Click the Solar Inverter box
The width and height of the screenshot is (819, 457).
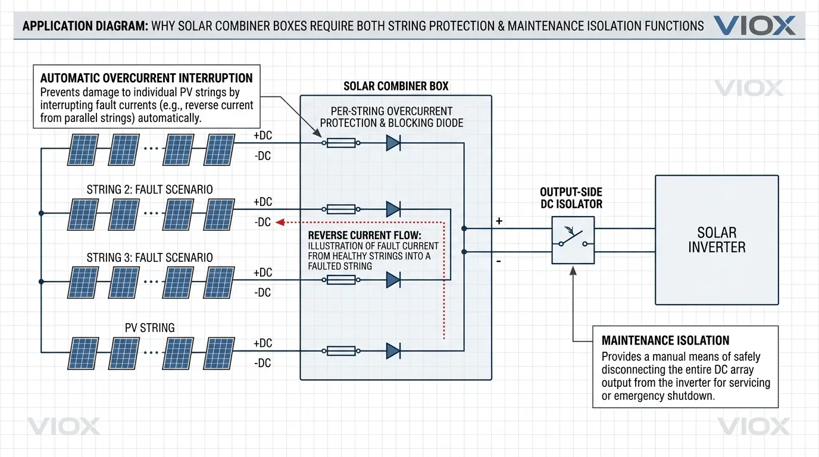pyautogui.click(x=717, y=240)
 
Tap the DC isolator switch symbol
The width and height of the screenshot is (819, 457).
pyautogui.click(x=572, y=239)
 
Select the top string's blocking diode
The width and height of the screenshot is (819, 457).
pyautogui.click(x=393, y=143)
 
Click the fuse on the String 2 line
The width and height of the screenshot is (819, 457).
pyautogui.click(x=341, y=209)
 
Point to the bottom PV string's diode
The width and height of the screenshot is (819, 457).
pyautogui.click(x=393, y=351)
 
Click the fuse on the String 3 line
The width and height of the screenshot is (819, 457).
pyautogui.click(x=341, y=280)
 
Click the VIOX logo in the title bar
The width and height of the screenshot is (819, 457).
pyautogui.click(x=754, y=26)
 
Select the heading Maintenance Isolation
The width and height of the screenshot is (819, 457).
pyautogui.click(x=665, y=341)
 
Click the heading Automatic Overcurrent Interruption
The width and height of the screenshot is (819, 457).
pyautogui.click(x=146, y=78)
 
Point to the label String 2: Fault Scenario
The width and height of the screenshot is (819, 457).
pyautogui.click(x=149, y=190)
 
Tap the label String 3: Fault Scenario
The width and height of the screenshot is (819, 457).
pyautogui.click(x=149, y=258)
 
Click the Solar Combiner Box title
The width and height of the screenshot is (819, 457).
pyautogui.click(x=396, y=86)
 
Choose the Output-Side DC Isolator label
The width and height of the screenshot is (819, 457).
pyautogui.click(x=571, y=198)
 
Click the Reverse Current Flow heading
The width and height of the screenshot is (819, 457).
pyautogui.click(x=364, y=236)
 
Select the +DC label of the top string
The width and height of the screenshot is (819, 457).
pyautogui.click(x=262, y=136)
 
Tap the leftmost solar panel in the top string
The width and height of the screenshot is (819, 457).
pyautogui.click(x=83, y=149)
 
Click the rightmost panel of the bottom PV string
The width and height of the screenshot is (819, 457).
pyautogui.click(x=220, y=353)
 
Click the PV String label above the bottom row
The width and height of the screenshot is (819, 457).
pyautogui.click(x=149, y=328)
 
